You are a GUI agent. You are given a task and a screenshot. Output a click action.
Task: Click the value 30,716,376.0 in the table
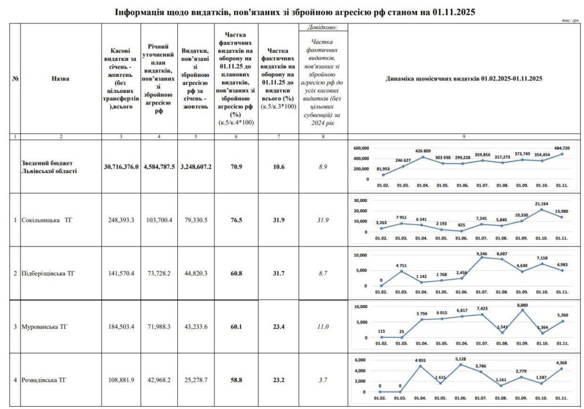[x=121, y=167]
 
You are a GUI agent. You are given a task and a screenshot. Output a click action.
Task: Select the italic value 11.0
[x=323, y=327]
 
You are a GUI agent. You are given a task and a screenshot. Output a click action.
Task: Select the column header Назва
[x=60, y=79]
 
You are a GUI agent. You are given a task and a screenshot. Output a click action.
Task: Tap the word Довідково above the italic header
[x=323, y=27]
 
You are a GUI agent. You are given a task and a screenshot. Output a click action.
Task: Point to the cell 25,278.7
[x=196, y=380]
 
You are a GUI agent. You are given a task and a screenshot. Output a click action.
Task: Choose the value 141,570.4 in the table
[x=121, y=273]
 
